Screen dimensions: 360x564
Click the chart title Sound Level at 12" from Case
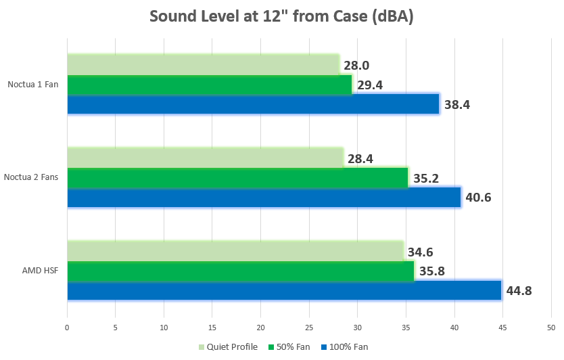(281, 17)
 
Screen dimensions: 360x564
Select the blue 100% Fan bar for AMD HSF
(284, 290)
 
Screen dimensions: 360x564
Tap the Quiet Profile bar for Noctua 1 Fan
(203, 65)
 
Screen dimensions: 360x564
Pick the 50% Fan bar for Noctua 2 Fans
(237, 178)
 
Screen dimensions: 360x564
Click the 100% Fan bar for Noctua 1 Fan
(253, 104)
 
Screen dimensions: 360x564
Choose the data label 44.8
(519, 291)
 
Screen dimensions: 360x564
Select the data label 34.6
(420, 252)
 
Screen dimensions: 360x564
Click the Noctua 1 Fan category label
(33, 85)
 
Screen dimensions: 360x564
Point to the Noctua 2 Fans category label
(31, 178)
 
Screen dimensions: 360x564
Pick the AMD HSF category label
(41, 271)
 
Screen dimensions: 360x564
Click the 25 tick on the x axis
(309, 328)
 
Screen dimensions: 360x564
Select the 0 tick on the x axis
(67, 328)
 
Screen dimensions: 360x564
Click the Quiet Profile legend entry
(228, 347)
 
